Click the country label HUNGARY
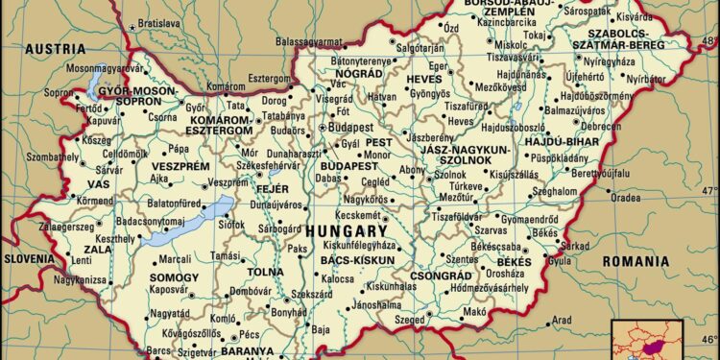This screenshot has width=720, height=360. click(347, 232)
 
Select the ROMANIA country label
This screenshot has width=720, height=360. click(635, 261)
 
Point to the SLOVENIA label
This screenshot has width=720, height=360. click(28, 259)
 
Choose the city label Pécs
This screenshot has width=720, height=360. click(250, 335)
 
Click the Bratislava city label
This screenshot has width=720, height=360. click(159, 22)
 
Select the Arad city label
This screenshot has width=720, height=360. click(562, 320)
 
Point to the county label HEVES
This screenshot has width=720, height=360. click(424, 77)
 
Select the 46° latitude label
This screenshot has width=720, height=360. click(708, 339)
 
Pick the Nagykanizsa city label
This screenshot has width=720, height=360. click(79, 280)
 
